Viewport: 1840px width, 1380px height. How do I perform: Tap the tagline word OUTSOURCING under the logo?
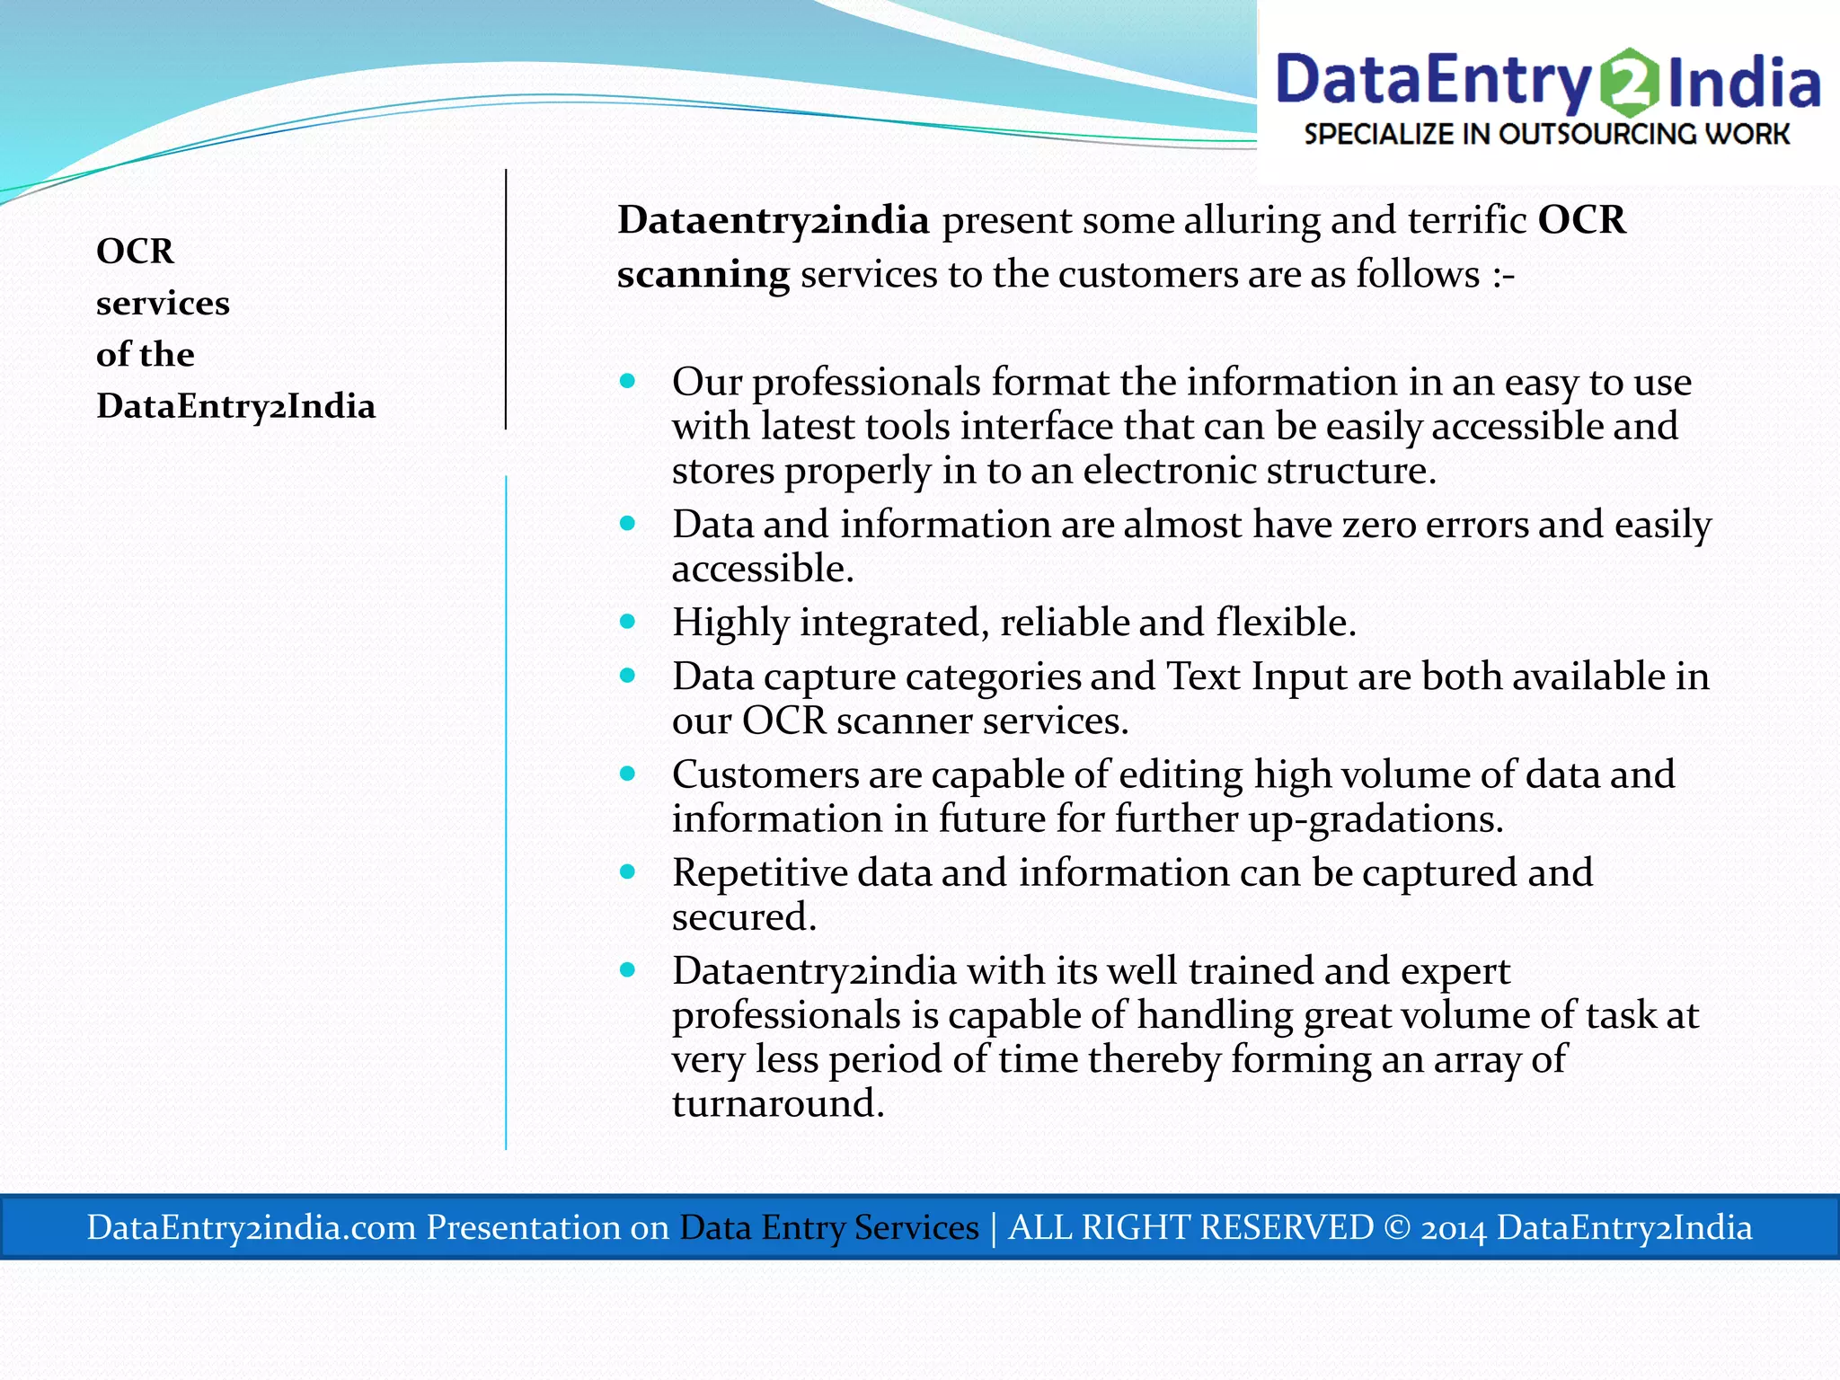tap(1600, 135)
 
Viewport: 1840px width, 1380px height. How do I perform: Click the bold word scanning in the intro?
tap(703, 274)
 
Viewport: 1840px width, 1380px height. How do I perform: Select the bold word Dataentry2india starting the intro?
tap(774, 220)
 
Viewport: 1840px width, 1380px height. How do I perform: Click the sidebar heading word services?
tap(163, 304)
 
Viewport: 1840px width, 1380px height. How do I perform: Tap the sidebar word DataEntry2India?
tap(235, 406)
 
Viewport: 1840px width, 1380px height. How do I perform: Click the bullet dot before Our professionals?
tap(627, 382)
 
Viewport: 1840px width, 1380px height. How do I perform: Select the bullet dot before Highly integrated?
tap(627, 622)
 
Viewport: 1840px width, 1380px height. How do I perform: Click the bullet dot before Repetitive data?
tap(627, 871)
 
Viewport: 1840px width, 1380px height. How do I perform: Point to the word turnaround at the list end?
tap(777, 1103)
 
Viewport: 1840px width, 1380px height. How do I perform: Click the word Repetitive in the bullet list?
tap(759, 873)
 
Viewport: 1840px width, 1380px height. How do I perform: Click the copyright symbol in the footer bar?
tap(1397, 1227)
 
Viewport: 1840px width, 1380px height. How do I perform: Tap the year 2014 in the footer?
tap(1454, 1227)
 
